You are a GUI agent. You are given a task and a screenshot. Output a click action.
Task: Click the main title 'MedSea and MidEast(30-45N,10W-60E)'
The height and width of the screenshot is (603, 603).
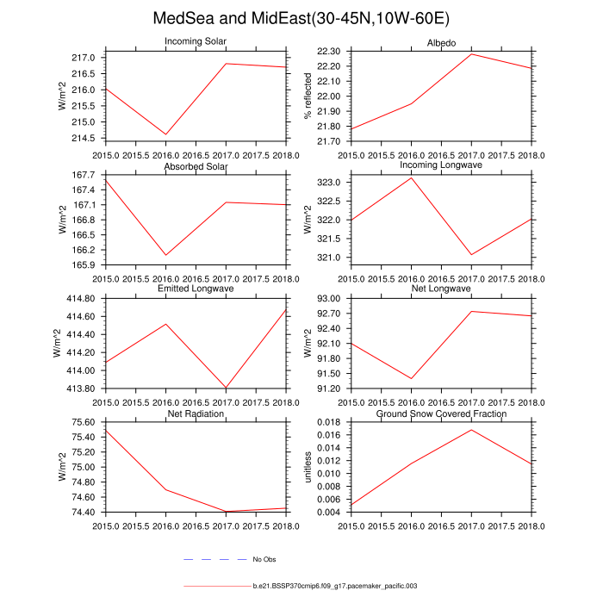pos(301,18)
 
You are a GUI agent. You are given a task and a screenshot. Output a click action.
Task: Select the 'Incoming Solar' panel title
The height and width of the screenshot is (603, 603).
pos(196,42)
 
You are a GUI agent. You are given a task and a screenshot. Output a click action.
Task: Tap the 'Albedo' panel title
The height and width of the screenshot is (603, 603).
pos(442,42)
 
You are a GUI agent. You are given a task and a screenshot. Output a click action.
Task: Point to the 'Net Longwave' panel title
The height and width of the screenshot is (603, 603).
pos(442,289)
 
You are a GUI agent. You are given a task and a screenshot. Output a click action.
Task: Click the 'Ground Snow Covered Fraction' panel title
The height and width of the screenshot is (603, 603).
pos(442,414)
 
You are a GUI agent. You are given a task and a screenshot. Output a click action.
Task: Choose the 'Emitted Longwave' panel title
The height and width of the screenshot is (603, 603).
pos(196,289)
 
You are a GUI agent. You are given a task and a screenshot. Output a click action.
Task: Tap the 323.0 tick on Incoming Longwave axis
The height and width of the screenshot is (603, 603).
pos(332,183)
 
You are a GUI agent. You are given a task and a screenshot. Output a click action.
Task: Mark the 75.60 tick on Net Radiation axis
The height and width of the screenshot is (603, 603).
pos(84,422)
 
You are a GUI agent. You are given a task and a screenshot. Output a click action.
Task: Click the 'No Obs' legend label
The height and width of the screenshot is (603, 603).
pos(264,560)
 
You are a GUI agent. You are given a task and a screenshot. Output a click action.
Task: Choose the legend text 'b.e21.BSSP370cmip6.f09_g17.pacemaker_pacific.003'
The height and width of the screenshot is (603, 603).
pos(335,586)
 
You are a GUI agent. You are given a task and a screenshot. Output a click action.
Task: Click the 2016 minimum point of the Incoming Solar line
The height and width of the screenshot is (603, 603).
pos(166,134)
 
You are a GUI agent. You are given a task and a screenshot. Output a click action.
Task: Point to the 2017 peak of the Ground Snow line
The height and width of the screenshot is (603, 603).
pos(471,430)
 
